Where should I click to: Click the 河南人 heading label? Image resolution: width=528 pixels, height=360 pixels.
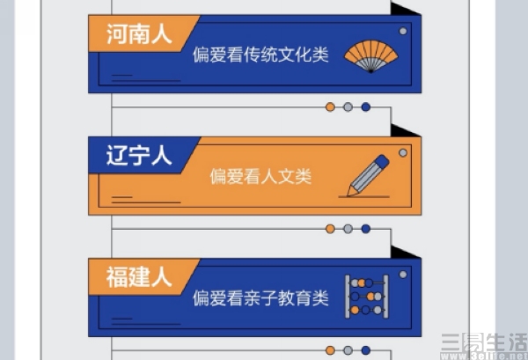[x=139, y=34]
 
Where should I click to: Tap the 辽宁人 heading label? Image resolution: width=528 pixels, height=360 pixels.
[x=139, y=156]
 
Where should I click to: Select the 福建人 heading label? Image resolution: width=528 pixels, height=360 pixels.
[x=139, y=277]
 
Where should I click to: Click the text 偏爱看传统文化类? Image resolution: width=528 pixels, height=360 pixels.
[x=260, y=55]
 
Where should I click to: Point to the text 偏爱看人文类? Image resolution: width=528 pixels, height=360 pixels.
[x=260, y=176]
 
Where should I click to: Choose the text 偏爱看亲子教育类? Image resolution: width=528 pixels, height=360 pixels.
[x=260, y=298]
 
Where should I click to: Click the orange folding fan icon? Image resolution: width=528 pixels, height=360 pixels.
[x=370, y=56]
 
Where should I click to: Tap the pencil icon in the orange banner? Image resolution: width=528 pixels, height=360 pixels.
[x=368, y=176]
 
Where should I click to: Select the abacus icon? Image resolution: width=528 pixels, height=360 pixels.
[x=367, y=297]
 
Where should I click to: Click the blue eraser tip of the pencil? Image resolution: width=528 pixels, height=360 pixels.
[x=382, y=161]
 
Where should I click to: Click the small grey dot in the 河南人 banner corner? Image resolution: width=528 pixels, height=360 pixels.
[x=403, y=32]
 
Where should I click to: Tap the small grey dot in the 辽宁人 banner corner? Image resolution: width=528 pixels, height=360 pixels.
[x=403, y=153]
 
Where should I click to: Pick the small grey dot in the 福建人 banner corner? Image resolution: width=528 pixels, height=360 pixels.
[x=403, y=275]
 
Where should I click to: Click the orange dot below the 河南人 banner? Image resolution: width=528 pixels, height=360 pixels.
[x=330, y=107]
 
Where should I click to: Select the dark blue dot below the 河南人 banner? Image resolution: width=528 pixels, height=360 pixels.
[x=366, y=107]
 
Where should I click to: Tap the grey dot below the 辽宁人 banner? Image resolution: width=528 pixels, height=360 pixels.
[x=348, y=229]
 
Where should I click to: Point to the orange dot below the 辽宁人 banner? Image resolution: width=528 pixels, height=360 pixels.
[x=330, y=229]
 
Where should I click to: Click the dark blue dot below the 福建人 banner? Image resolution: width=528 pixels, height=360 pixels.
[x=366, y=350]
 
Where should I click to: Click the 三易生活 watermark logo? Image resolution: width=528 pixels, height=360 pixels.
[x=484, y=345]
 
